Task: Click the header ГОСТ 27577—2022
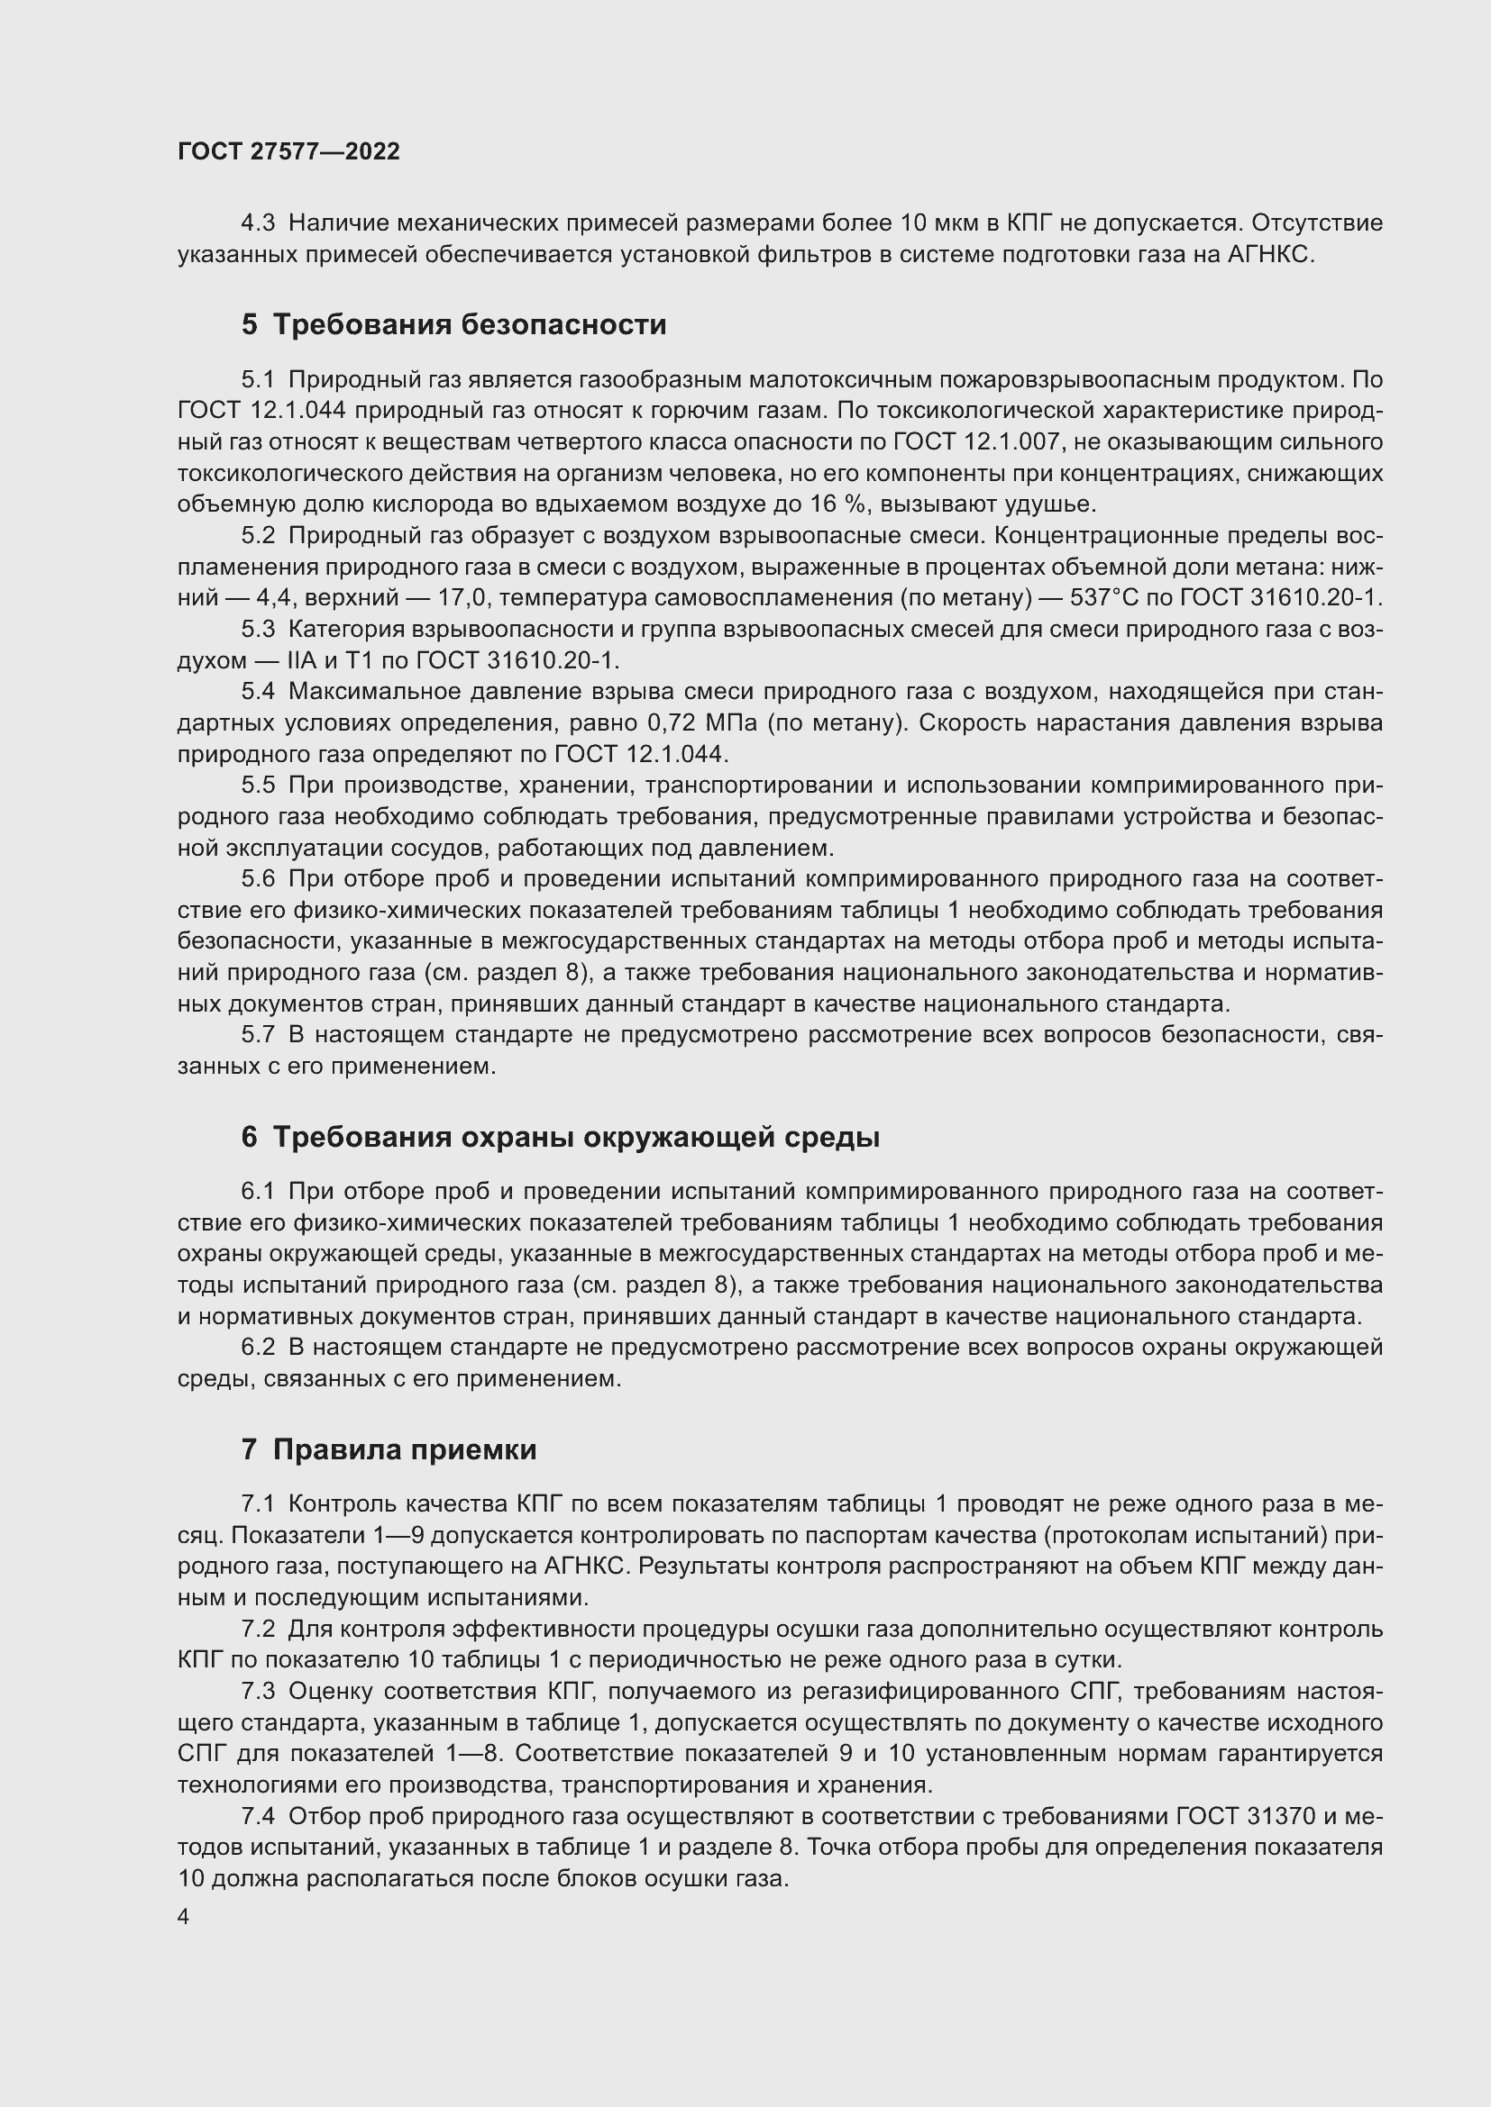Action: (288, 151)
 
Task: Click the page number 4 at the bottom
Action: (184, 1917)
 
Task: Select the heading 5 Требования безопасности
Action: (453, 325)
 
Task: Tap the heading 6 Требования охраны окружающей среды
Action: (560, 1138)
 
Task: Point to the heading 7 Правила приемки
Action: (389, 1450)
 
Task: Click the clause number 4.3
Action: (258, 223)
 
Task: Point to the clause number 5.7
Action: (258, 1035)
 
